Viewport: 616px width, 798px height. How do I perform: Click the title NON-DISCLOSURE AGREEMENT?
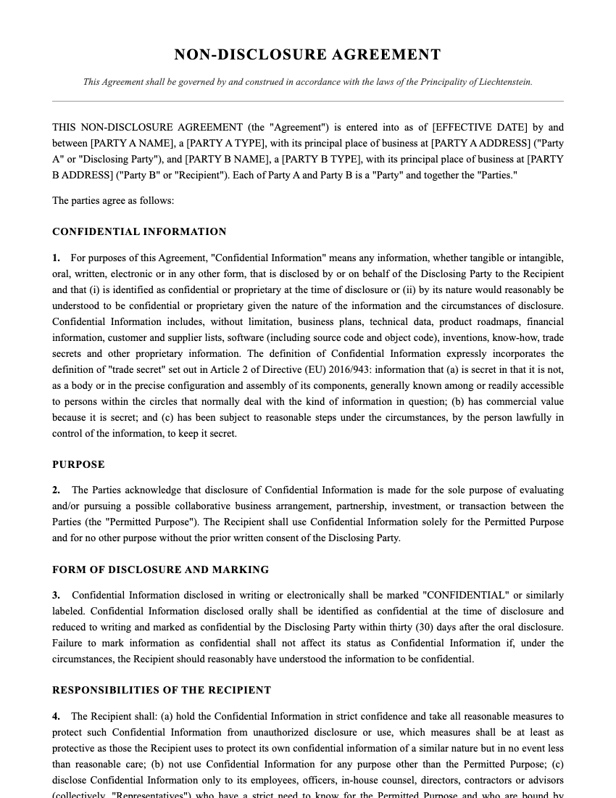click(307, 55)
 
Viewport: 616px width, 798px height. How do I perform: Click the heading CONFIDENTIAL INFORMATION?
click(139, 232)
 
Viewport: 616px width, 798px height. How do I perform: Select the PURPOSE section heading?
click(78, 464)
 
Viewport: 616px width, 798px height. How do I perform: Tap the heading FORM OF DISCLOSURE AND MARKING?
click(160, 570)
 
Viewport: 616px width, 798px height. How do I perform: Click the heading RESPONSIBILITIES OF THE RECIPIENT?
click(162, 691)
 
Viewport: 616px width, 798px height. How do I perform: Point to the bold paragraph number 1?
click(56, 258)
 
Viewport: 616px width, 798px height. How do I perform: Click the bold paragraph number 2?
click(56, 490)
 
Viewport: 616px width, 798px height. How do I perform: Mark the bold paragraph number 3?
click(56, 596)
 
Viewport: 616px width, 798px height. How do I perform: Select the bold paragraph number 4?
click(56, 717)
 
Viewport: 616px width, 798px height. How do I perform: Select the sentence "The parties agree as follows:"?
click(113, 201)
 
